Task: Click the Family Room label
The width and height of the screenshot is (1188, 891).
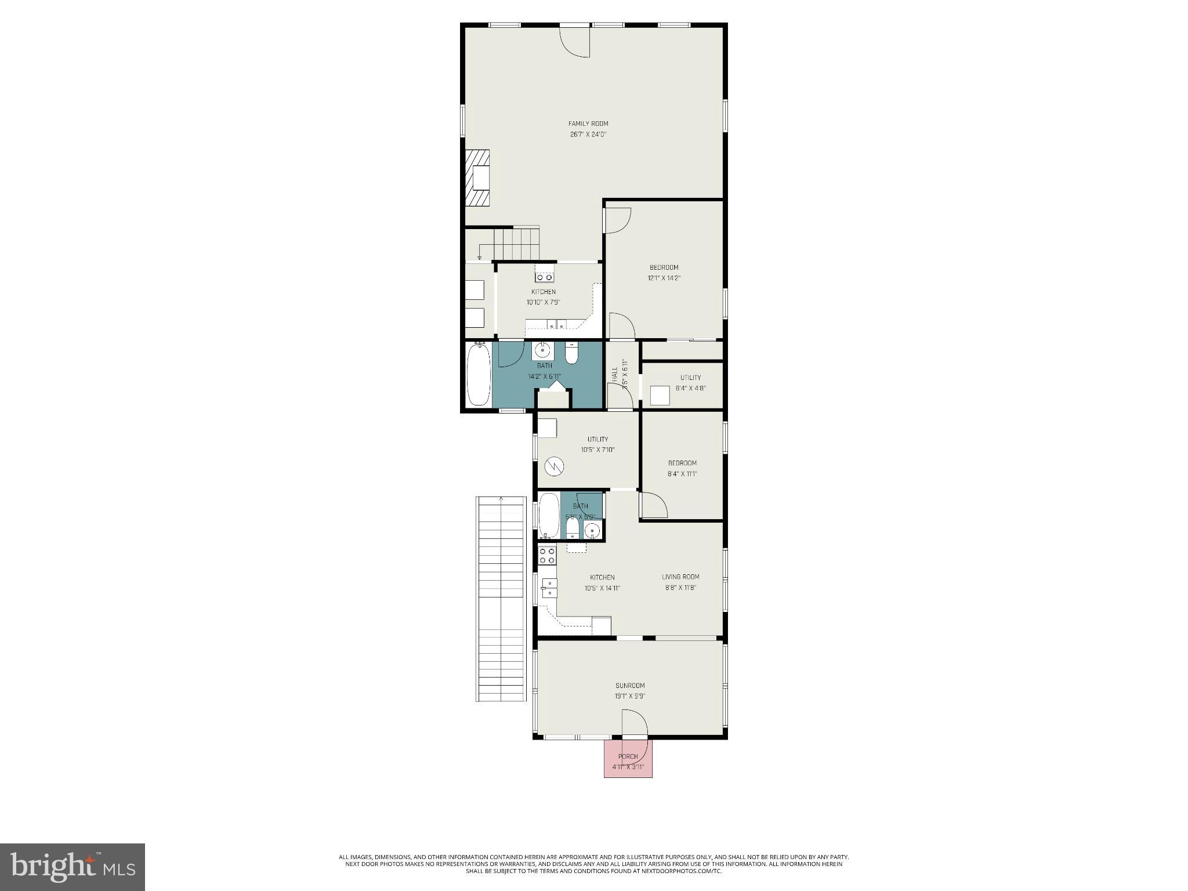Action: click(x=588, y=124)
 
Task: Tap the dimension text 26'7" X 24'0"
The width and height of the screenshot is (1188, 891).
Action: click(x=588, y=135)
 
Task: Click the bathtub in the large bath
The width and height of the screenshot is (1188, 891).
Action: click(x=479, y=375)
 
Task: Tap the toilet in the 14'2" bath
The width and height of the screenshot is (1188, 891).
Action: click(x=572, y=354)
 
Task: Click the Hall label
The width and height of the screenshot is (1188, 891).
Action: click(x=614, y=374)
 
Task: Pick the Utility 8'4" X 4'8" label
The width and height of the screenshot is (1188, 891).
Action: click(x=690, y=383)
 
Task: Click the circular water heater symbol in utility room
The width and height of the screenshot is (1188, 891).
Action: click(x=555, y=466)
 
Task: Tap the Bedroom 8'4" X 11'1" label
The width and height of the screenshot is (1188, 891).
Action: click(x=682, y=468)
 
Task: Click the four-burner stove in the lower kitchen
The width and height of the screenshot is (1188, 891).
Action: click(x=547, y=556)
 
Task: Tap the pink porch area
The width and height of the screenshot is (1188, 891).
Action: click(x=628, y=760)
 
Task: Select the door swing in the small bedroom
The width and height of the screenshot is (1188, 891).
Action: click(x=653, y=505)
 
